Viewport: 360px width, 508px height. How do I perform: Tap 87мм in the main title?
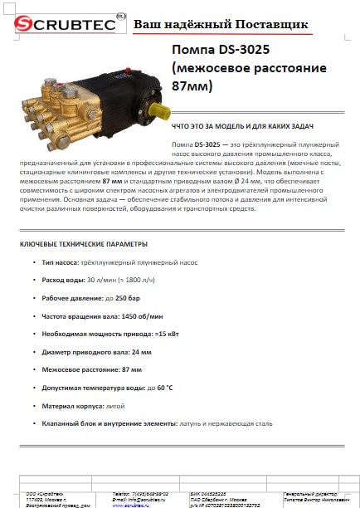pyautogui.click(x=191, y=85)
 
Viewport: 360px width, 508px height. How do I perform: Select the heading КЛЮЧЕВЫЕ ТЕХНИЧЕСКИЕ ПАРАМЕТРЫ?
pyautogui.click(x=84, y=244)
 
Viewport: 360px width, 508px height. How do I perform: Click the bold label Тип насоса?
pyautogui.click(x=61, y=262)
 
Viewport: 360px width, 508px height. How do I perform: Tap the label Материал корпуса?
pyautogui.click(x=71, y=406)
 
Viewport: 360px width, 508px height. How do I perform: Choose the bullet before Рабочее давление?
pyautogui.click(x=34, y=298)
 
